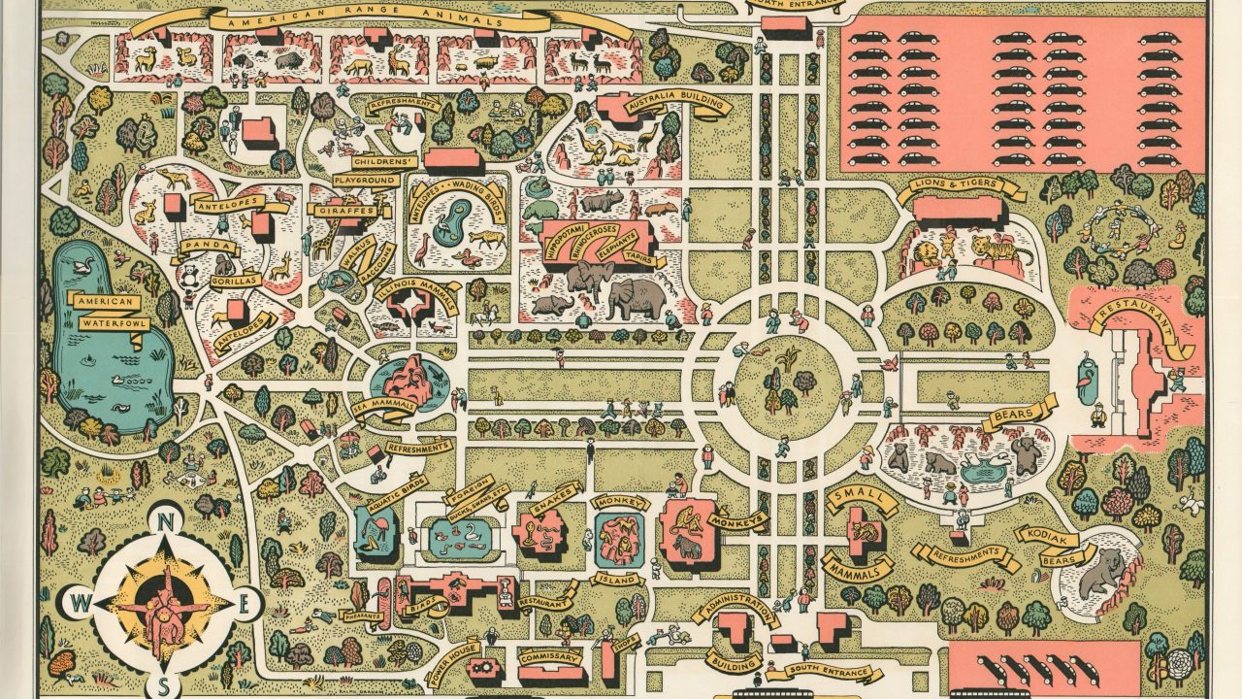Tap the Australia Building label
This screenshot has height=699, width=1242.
(677, 105)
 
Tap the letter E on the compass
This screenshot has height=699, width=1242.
(245, 603)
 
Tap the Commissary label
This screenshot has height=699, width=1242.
(548, 657)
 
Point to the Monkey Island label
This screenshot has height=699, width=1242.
(618, 580)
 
